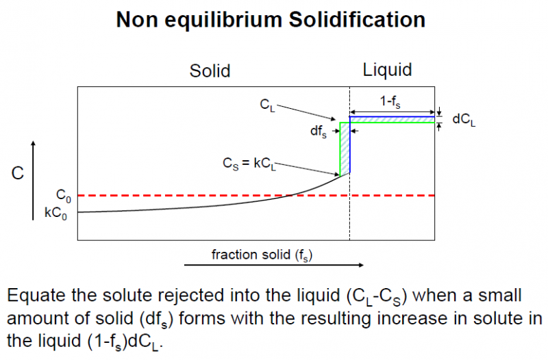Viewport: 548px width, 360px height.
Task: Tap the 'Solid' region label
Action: [x=210, y=70]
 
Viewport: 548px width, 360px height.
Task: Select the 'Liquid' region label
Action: [x=387, y=70]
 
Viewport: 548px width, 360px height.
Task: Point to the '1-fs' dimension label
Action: [x=392, y=101]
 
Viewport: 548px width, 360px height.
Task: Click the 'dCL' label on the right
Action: [x=463, y=119]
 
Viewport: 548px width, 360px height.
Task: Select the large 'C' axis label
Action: [x=18, y=174]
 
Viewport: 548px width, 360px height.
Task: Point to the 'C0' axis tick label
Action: [x=64, y=195]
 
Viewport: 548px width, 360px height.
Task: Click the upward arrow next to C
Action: [x=33, y=178]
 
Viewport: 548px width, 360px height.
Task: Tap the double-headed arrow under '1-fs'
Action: [x=393, y=112]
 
